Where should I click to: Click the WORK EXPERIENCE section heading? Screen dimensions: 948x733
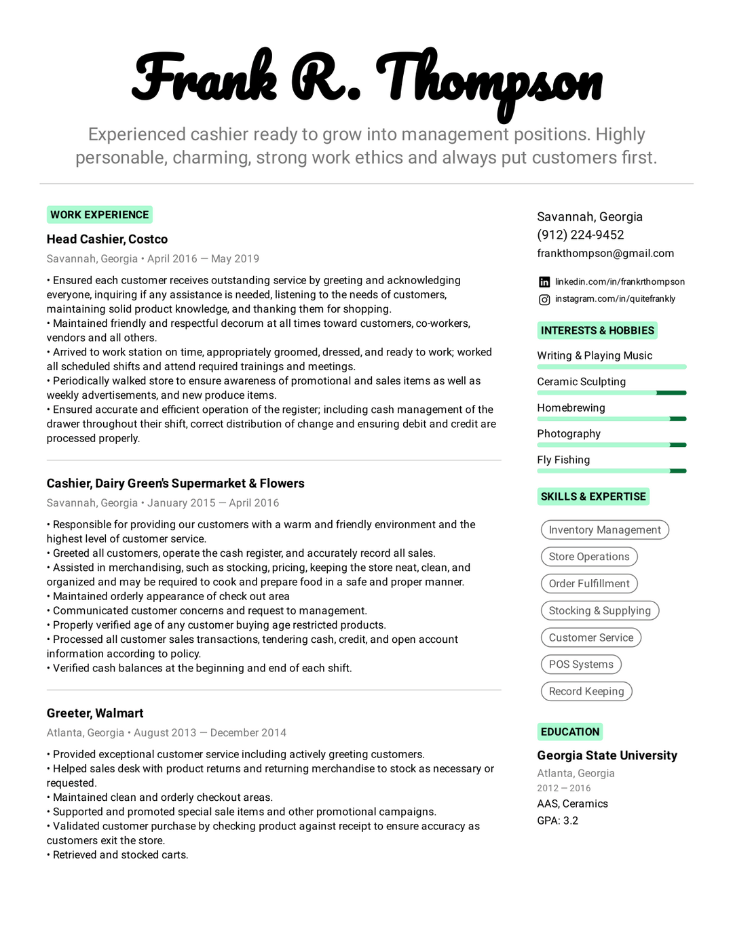click(99, 215)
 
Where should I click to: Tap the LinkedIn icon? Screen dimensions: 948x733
click(544, 282)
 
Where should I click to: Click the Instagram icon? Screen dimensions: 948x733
click(544, 299)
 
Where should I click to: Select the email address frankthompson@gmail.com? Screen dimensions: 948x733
click(605, 253)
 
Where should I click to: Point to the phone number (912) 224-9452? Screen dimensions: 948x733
click(580, 235)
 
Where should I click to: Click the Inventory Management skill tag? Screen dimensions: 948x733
click(604, 530)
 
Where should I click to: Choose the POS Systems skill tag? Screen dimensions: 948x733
click(581, 665)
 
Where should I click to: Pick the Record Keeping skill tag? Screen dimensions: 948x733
click(586, 691)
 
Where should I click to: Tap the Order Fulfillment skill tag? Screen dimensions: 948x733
click(589, 583)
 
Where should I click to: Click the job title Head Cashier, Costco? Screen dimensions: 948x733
click(107, 239)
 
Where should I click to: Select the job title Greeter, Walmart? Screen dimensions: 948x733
click(95, 713)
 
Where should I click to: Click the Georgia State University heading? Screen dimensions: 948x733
click(607, 755)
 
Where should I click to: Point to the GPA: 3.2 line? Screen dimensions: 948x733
click(558, 821)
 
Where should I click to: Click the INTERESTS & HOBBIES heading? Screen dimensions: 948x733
click(597, 330)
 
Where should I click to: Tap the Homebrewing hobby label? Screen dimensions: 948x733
click(571, 408)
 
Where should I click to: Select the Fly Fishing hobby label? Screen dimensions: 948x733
click(563, 460)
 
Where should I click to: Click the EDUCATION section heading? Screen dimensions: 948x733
click(570, 732)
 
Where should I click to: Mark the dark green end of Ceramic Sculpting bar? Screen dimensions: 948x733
click(671, 393)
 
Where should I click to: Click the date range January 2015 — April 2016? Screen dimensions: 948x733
click(213, 503)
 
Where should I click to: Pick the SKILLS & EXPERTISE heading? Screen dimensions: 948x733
click(593, 496)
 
